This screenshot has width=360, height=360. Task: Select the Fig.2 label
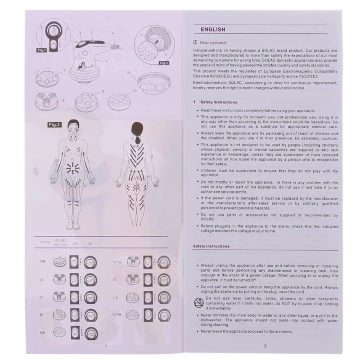(x=162, y=63)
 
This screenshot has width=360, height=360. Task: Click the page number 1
(x=105, y=346)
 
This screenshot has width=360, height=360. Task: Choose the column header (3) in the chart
(x=90, y=243)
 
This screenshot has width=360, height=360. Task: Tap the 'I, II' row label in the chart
(x=114, y=297)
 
